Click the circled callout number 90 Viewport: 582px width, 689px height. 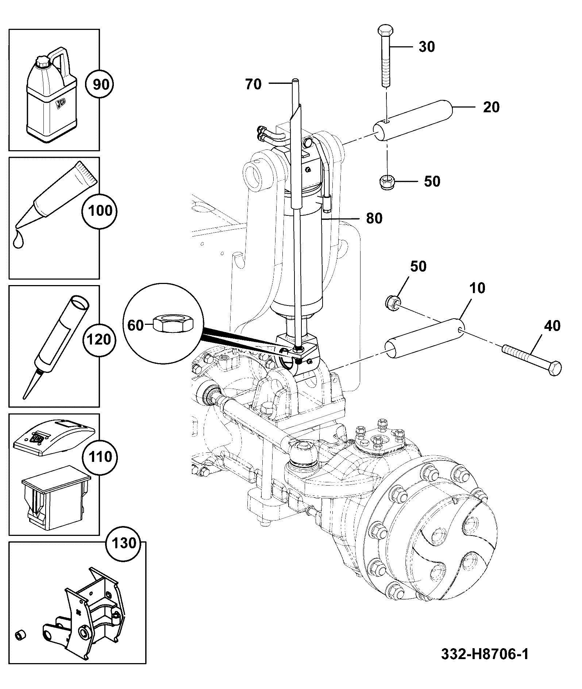[x=99, y=85]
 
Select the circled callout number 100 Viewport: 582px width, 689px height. [x=99, y=211]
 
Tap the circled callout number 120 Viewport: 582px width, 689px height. [x=99, y=339]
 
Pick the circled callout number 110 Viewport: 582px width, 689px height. [x=99, y=456]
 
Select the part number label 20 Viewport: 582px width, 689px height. [x=491, y=107]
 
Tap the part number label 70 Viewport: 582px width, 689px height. [x=254, y=84]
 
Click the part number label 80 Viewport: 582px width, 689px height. [x=374, y=218]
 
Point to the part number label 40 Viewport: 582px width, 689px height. [x=552, y=326]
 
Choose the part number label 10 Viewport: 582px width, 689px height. [x=477, y=288]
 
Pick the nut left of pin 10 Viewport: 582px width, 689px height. [x=393, y=302]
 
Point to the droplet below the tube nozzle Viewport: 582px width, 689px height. [x=18, y=240]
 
